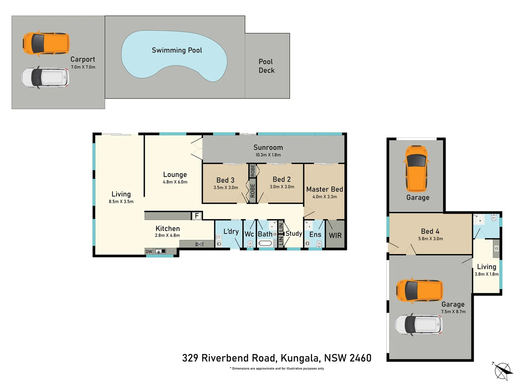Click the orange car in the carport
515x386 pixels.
coord(46,43)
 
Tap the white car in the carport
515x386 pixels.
coord(45,77)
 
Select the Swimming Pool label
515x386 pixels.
coord(177,50)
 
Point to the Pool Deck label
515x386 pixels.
coord(266,66)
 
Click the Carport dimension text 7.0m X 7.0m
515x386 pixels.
coord(83,67)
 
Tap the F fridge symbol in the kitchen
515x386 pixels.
coord(196,216)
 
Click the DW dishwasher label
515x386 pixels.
coord(149,252)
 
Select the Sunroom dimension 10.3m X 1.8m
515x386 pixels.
coord(268,155)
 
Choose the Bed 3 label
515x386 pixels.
coord(225,180)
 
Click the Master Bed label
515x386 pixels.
coord(324,189)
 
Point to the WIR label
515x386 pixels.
coord(335,236)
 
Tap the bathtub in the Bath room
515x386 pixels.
coord(265,243)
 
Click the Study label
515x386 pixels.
coord(294,233)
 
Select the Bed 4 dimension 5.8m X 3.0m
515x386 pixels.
coord(430,239)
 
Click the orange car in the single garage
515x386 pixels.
coord(417,168)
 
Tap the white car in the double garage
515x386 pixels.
coord(418,325)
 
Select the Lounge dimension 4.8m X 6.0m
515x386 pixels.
coord(175,182)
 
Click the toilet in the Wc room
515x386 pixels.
coord(250,244)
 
